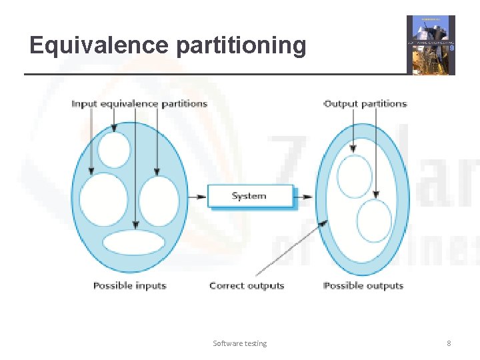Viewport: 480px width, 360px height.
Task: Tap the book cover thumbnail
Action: coord(431,45)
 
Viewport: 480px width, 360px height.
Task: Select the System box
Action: coord(250,196)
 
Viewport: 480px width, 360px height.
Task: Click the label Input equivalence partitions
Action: coord(139,103)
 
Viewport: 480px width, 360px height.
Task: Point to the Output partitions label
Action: coord(365,103)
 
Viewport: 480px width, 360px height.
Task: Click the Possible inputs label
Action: coord(129,285)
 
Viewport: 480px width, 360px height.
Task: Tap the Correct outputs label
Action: coord(247,285)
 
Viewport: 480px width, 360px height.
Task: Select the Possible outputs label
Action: coord(363,285)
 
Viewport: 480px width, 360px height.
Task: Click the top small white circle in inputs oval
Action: coord(114,150)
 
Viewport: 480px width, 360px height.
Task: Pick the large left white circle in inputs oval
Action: coord(103,199)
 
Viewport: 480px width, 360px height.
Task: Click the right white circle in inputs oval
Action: coord(159,200)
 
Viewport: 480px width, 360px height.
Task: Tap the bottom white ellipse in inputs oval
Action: coord(133,242)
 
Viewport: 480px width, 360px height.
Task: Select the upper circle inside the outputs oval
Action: coord(354,176)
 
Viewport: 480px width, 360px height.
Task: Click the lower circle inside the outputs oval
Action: coord(374,221)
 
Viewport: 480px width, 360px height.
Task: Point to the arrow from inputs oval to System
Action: coord(197,197)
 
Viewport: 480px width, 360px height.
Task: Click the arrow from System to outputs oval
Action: coord(303,197)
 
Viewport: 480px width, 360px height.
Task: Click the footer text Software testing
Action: coord(239,343)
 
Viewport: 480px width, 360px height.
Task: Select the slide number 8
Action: coord(449,343)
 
